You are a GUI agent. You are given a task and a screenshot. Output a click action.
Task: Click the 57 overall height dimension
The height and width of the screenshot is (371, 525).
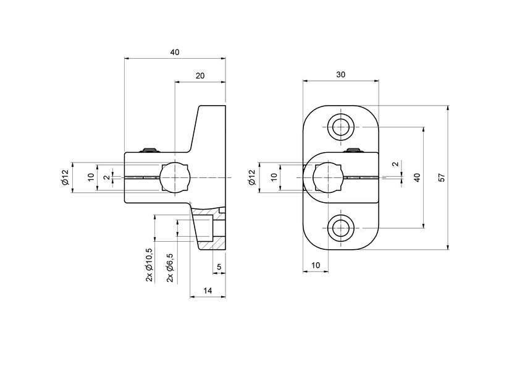coord(441,177)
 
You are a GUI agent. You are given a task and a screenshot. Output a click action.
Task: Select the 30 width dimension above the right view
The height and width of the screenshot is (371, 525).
coord(340,74)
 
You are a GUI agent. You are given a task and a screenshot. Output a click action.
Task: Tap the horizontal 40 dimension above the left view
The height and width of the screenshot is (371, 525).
coord(175,53)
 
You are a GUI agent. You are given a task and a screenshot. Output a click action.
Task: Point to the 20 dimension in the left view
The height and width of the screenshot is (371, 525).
coord(200,75)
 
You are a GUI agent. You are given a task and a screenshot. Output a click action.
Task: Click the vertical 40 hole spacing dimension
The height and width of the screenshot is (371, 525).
coord(418,177)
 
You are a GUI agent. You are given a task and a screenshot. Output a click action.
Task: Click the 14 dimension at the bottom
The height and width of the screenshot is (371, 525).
coord(208,290)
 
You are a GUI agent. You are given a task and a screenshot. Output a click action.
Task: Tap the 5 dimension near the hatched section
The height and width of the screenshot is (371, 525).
coord(219,267)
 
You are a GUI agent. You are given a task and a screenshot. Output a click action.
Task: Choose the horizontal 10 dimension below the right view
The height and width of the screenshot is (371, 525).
coord(316,265)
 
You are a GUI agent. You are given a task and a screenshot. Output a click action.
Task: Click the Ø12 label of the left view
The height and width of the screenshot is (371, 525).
coord(64,177)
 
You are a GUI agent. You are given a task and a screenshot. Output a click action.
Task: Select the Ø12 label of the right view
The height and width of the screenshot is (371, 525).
coord(251,177)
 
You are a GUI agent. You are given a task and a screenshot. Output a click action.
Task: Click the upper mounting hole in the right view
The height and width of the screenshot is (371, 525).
coord(340,127)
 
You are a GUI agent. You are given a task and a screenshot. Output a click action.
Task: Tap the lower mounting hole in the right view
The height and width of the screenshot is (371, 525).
coord(340,229)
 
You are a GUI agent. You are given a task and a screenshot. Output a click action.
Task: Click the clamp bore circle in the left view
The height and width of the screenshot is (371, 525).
coord(175,177)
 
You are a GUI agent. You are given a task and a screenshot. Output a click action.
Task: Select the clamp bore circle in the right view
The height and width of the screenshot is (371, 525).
coord(327,177)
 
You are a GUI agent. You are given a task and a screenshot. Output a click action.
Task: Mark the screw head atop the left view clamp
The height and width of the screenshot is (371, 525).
coord(149,150)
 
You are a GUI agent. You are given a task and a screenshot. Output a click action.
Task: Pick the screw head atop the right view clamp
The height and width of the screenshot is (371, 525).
coord(352,150)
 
